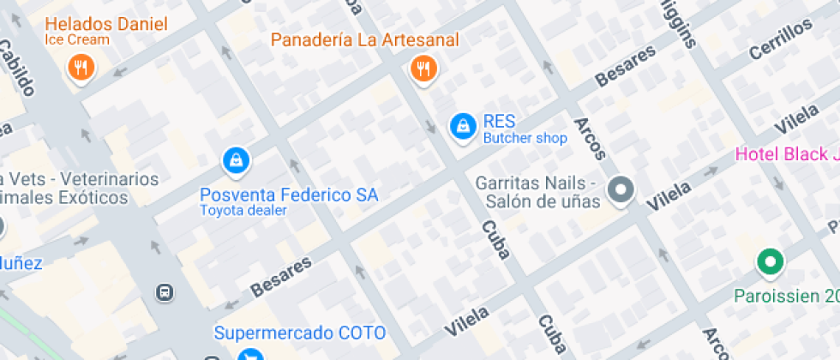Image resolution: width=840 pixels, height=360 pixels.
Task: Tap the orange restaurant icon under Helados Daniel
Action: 81,68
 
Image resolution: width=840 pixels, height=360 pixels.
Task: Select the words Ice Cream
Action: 78,39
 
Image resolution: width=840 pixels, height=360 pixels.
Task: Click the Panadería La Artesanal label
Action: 365,39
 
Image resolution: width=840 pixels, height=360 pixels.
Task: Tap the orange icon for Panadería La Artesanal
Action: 423,68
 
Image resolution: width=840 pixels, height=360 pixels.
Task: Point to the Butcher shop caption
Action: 525,138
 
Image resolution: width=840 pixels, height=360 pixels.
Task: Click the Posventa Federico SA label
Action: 289,195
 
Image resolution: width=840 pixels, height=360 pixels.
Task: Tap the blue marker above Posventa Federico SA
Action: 235,159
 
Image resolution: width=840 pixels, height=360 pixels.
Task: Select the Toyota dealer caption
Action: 243,210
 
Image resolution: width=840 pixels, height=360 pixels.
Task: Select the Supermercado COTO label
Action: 299,333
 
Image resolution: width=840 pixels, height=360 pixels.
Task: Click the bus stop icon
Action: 164,292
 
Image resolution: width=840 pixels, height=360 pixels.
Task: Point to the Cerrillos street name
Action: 780,39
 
